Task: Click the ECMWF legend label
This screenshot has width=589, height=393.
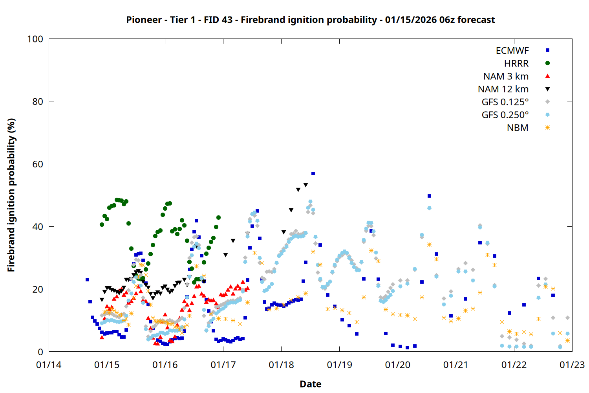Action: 512,51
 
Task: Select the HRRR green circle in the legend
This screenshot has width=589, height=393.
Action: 547,63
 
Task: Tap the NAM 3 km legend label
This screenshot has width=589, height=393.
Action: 506,76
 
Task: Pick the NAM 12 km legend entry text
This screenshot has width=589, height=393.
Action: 503,89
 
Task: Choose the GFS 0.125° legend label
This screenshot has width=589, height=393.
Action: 505,102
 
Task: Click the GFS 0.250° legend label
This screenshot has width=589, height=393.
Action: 505,115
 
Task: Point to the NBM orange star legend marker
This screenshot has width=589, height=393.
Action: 547,128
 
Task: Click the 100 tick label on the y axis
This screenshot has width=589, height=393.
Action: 35,39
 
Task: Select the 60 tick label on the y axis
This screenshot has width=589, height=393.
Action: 38,164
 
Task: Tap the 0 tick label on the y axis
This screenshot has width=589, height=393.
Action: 40,352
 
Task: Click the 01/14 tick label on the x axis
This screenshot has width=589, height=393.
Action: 49,365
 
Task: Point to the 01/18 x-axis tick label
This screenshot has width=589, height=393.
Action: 281,365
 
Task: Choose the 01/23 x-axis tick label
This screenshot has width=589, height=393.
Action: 572,365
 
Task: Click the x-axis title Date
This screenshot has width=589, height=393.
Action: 310,384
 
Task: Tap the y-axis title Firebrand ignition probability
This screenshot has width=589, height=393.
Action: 11,195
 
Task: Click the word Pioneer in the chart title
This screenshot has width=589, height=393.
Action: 144,20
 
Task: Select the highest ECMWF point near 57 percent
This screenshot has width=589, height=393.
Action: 313,173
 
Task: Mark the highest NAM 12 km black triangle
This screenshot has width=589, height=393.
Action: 305,185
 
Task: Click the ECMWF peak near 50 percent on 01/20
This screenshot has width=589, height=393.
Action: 429,196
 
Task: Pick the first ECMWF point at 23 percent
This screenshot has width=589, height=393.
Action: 87,280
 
